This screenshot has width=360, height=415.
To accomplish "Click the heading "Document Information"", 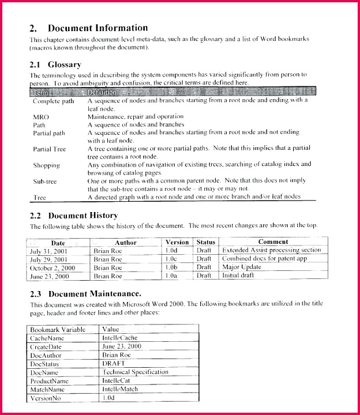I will pos(97,28).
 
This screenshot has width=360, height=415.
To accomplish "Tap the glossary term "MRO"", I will pos(40,116).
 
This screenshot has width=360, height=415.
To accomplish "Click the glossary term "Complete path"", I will pos(54,101).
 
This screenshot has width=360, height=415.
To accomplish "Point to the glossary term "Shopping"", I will pos(46,165).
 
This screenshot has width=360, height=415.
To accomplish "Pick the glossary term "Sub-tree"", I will pos(46,181).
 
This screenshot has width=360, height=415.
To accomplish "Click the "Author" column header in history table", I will pos(125,243).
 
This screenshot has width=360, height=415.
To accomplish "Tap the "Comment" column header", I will pos(273,242).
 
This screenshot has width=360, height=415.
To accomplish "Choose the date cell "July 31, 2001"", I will pos(49,251).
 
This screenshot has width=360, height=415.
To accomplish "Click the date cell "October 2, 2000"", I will pos(53,267).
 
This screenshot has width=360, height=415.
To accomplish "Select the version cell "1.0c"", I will pos(171,259).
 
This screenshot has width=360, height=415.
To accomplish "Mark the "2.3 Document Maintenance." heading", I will pos(85,293).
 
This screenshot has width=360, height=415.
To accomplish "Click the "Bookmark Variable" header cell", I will pos(58,330).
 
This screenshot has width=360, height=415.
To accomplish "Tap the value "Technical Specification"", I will pos(135,372).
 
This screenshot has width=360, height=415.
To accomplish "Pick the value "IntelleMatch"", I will pos(120,390).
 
